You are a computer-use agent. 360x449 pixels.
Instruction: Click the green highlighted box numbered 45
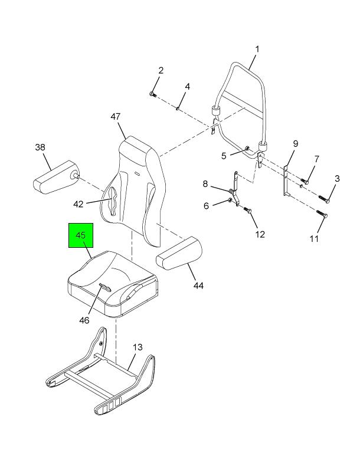click(81, 235)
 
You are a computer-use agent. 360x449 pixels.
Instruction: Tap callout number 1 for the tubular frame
click(257, 49)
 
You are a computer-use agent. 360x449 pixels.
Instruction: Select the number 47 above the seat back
click(115, 117)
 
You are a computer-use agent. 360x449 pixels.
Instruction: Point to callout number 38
click(40, 147)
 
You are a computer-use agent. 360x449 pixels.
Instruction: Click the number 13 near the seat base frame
click(138, 347)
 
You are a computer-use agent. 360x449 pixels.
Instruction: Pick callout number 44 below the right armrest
click(198, 286)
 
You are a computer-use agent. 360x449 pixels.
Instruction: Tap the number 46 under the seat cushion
click(84, 320)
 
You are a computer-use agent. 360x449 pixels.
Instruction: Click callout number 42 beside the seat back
click(78, 204)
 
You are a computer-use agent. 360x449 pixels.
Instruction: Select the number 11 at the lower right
click(314, 238)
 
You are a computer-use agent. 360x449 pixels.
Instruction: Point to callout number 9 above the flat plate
click(296, 143)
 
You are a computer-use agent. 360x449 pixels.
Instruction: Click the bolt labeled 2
click(152, 94)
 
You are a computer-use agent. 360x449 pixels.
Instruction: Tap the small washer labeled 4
click(178, 108)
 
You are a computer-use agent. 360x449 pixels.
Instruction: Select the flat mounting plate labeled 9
click(286, 181)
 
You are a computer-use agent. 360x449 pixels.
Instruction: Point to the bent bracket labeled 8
click(235, 189)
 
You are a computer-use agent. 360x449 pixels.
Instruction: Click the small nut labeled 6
click(230, 199)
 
